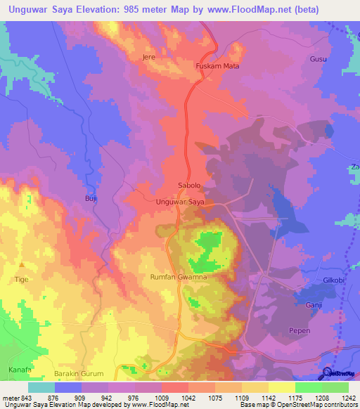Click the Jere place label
[x=148, y=56]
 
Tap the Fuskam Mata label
[x=217, y=67]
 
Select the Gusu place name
[x=318, y=59]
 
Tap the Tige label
[x=21, y=279]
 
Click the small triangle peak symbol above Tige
[x=21, y=265]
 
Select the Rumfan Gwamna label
[x=178, y=278]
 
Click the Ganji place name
[x=313, y=305]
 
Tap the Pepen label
[x=300, y=330]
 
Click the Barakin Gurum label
[x=79, y=373]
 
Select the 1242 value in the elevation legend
[x=349, y=397]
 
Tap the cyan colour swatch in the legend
[x=41, y=387]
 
